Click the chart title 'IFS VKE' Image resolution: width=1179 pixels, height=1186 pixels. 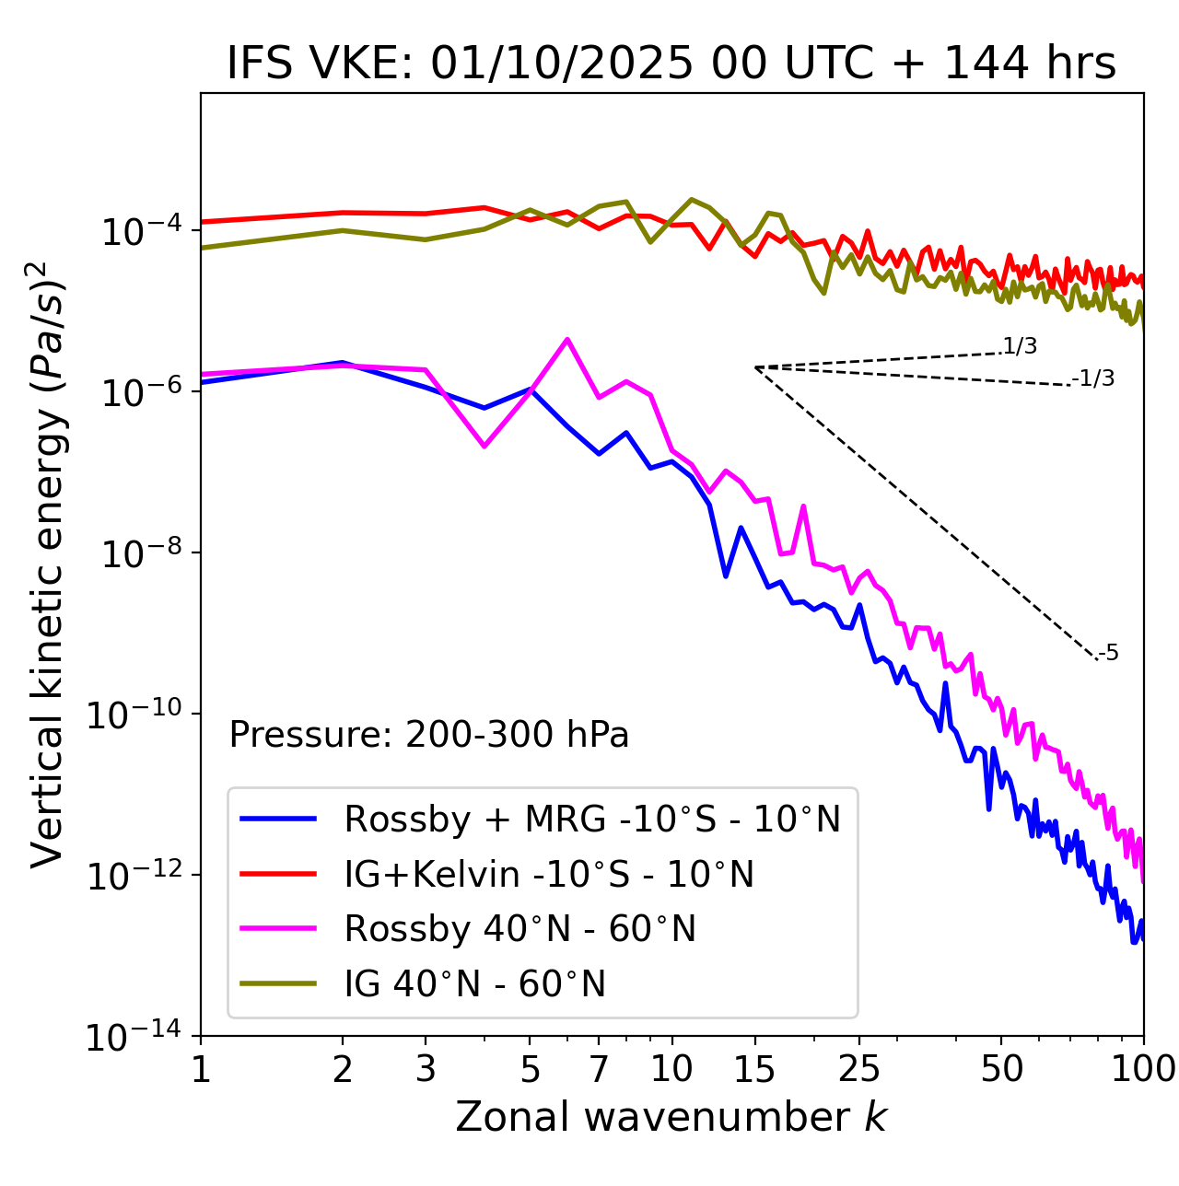(671, 64)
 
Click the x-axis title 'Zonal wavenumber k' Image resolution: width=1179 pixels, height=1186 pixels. (671, 1116)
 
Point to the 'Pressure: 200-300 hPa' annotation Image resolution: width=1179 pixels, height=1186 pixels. (429, 735)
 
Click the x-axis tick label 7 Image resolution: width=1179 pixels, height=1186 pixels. (599, 1069)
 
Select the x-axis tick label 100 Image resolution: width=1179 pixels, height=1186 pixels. (1143, 1069)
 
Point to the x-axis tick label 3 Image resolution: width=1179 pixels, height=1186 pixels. (426, 1069)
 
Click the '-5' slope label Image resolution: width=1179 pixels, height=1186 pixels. (1109, 654)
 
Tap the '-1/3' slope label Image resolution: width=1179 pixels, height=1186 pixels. (1093, 378)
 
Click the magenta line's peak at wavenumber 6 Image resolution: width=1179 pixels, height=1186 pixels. (567, 339)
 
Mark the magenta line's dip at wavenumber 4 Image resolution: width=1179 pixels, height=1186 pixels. (484, 447)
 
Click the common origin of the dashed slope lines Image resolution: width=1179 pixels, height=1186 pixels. (755, 367)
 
